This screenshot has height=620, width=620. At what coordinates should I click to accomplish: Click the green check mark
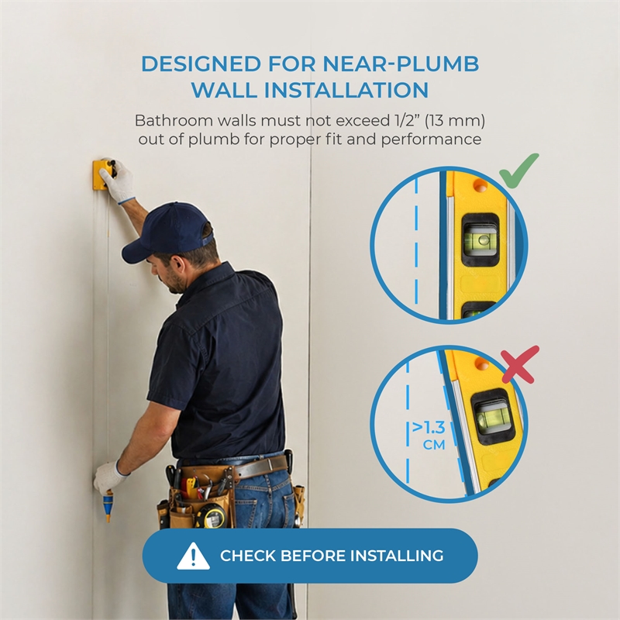point(518,171)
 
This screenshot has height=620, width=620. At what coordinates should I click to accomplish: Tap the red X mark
point(520,364)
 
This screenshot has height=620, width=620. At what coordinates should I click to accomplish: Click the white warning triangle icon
point(193,556)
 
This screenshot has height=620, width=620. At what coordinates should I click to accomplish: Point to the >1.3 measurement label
point(429,428)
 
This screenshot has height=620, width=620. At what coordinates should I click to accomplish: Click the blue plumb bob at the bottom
point(108,505)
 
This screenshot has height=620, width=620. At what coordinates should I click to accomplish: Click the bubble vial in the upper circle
point(480,239)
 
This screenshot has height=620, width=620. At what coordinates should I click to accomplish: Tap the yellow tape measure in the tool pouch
point(212,515)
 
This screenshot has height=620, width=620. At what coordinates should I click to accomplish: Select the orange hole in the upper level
point(480,185)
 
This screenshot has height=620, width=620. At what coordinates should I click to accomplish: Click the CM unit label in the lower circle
point(434,445)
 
